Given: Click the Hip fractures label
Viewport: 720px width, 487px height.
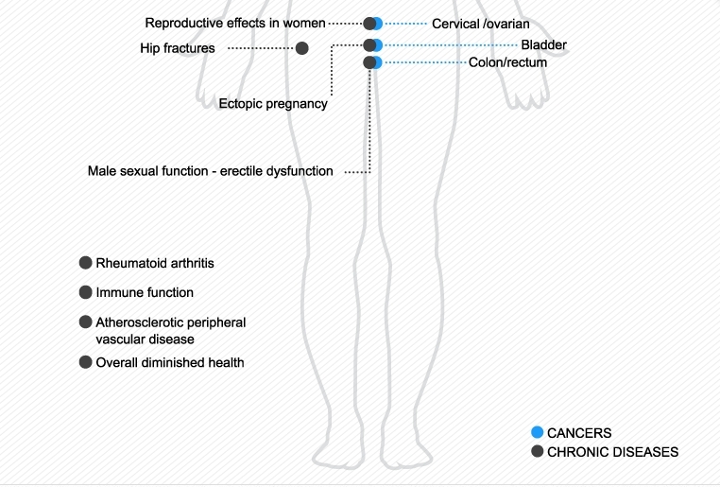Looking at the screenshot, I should pyautogui.click(x=178, y=48).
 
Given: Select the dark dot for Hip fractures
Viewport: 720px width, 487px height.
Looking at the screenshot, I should pyautogui.click(x=301, y=48).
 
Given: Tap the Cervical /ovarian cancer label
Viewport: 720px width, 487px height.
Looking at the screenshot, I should pyautogui.click(x=480, y=24).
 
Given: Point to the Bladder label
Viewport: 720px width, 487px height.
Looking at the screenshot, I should pyautogui.click(x=543, y=44).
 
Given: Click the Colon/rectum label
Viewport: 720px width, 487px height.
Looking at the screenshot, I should pyautogui.click(x=507, y=62).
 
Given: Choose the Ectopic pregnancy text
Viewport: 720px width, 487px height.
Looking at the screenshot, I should pyautogui.click(x=273, y=104).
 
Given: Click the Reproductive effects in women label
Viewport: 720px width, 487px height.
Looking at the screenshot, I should pyautogui.click(x=235, y=23).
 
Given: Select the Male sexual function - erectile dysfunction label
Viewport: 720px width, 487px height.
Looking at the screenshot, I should pyautogui.click(x=210, y=171).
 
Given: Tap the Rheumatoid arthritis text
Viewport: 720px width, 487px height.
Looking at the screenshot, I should pyautogui.click(x=162, y=263).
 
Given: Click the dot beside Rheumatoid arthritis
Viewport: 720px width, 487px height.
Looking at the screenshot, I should pyautogui.click(x=86, y=262).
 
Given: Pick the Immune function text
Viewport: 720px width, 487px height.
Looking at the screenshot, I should pyautogui.click(x=145, y=293).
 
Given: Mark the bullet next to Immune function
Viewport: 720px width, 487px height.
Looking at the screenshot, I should pyautogui.click(x=86, y=292).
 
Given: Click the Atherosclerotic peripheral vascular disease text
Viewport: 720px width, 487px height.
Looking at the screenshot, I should pyautogui.click(x=170, y=330).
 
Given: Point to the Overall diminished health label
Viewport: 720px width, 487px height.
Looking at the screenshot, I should pyautogui.click(x=170, y=362).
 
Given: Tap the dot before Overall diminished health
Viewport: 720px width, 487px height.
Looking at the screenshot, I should pyautogui.click(x=86, y=361).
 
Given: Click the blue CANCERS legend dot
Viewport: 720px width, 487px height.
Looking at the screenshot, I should pyautogui.click(x=538, y=432).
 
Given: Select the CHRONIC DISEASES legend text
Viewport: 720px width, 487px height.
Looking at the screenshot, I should pyautogui.click(x=612, y=452).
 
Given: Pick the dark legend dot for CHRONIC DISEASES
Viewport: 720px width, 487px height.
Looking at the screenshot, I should pyautogui.click(x=538, y=451).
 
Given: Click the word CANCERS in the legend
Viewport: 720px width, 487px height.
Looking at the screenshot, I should pyautogui.click(x=579, y=433).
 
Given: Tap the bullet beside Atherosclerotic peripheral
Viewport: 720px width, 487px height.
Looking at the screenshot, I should pyautogui.click(x=86, y=322).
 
